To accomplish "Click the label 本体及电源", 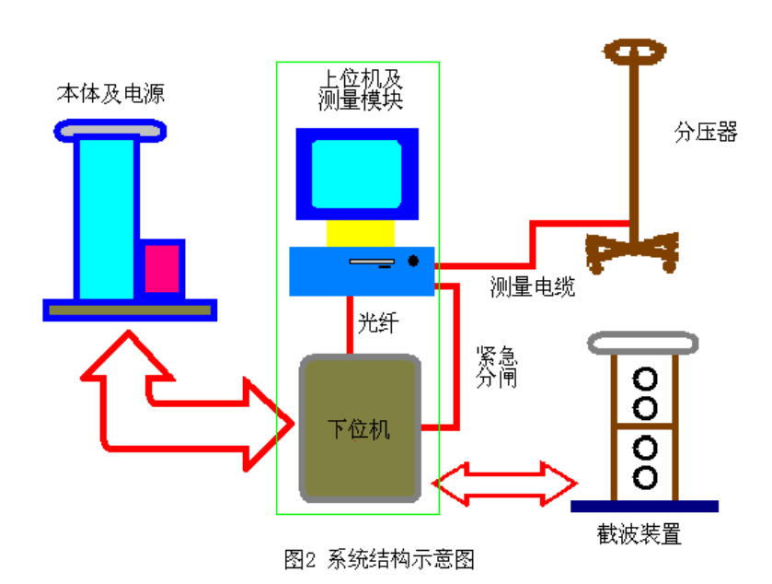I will [x=110, y=93].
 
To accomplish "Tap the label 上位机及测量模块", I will [x=359, y=88].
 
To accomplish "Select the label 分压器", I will [x=706, y=133].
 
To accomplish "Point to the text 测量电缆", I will [x=533, y=287].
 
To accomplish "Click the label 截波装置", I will [x=645, y=535].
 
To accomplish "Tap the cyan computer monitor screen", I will [x=357, y=174].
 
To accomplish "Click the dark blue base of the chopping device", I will [x=644, y=506].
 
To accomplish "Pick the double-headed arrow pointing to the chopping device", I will [x=504, y=483].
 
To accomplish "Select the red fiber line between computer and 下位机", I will [x=351, y=323].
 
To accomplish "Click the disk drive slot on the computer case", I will [x=372, y=262].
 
